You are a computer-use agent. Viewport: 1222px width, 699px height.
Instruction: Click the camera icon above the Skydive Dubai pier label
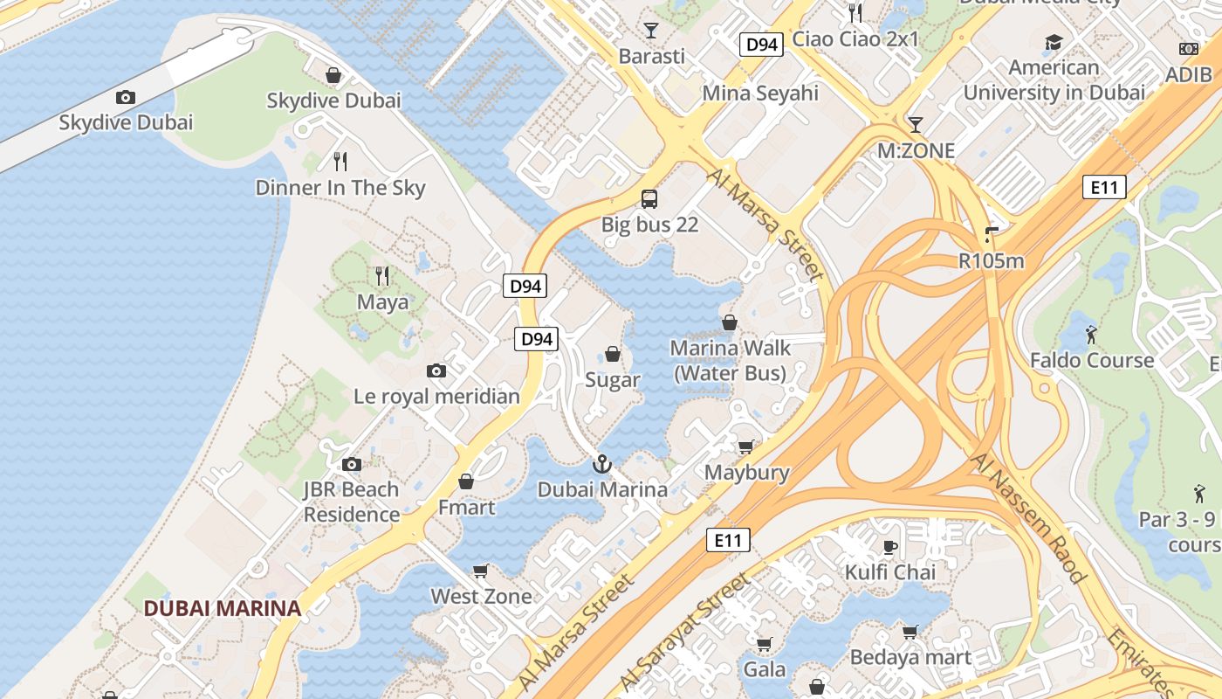[126, 97]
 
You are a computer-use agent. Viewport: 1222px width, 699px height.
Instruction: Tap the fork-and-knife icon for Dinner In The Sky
[340, 161]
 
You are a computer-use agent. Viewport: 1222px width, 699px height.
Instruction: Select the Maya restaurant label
[382, 302]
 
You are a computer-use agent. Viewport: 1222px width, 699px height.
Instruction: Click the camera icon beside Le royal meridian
[436, 371]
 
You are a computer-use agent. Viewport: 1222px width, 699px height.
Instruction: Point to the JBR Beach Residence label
[351, 502]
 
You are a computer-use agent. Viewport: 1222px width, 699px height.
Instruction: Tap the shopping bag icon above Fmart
[466, 481]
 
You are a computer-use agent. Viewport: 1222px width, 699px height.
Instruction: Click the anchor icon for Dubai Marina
[601, 464]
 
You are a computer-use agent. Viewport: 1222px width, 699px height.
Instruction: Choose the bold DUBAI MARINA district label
[222, 608]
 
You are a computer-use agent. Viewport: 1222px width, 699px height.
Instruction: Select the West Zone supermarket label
[481, 596]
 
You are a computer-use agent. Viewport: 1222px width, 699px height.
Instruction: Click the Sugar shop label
[612, 380]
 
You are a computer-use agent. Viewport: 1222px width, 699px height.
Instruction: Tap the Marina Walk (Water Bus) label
[730, 360]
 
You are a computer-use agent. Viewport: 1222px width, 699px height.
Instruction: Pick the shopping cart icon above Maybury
[745, 446]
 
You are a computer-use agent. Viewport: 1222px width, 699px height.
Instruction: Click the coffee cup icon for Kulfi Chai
[889, 547]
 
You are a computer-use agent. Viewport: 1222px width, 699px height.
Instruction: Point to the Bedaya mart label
[910, 656]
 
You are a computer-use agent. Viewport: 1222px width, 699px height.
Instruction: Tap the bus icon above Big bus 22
[649, 198]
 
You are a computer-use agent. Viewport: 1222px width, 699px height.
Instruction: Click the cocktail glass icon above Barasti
[650, 31]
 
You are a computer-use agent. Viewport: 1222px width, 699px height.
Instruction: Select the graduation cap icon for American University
[1054, 42]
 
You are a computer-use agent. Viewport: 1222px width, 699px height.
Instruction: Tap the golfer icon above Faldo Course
[1091, 334]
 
